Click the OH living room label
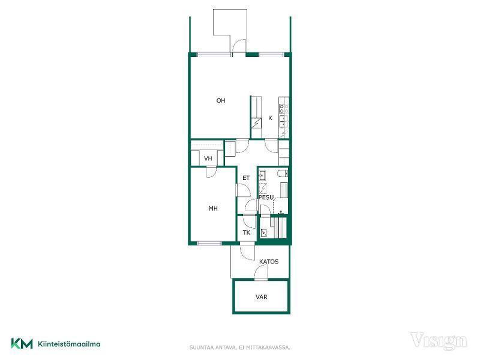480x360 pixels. (221, 100)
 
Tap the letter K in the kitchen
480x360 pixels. (271, 118)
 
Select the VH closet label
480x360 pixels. (208, 158)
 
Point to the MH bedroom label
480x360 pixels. (213, 208)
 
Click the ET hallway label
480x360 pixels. (246, 178)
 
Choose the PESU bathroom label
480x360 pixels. (266, 197)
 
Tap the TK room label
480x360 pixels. (247, 233)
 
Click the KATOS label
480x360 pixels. (269, 262)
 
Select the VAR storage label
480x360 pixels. (262, 297)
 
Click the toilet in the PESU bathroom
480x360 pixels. (282, 173)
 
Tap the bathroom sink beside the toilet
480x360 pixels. (262, 175)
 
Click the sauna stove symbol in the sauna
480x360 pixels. (263, 233)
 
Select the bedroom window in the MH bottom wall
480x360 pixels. (209, 244)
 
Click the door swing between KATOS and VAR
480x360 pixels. (261, 272)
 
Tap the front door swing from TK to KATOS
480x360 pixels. (247, 251)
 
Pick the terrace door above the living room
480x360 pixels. (239, 47)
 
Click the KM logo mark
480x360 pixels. (22, 343)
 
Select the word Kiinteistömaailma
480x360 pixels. (69, 344)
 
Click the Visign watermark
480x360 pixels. (439, 341)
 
